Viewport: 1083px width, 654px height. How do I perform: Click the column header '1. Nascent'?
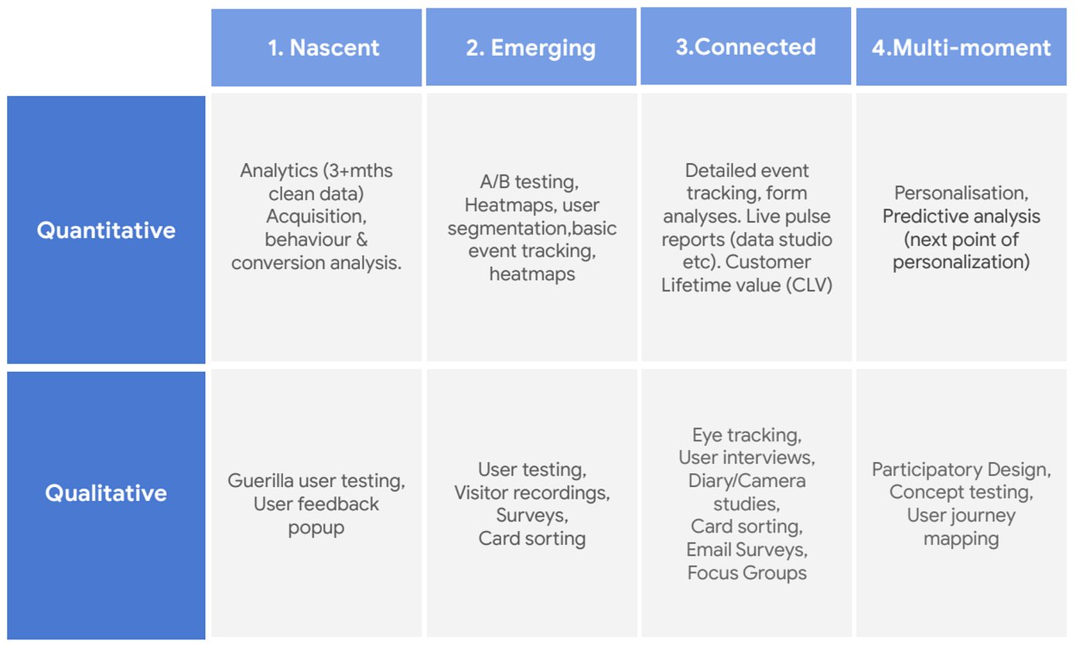(323, 48)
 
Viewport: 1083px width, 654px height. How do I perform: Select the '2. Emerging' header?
(531, 48)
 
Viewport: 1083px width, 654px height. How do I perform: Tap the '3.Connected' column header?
(746, 46)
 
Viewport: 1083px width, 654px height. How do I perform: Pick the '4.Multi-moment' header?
(962, 48)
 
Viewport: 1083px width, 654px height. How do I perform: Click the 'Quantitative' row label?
(106, 230)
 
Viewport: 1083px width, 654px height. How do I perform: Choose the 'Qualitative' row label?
(106, 493)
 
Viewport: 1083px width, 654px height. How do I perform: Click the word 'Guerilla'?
(259, 481)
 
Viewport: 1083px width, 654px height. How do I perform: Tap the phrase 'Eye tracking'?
(746, 434)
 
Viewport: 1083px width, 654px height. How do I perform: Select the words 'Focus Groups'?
(746, 573)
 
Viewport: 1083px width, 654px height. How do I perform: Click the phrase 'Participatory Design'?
(961, 469)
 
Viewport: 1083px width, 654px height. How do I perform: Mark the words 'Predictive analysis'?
(962, 216)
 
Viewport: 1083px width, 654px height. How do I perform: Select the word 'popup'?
(316, 527)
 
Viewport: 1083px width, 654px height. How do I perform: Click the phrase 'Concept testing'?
(960, 492)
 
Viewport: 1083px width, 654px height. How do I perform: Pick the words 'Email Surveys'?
(746, 550)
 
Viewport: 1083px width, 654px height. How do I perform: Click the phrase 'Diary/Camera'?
(746, 481)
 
